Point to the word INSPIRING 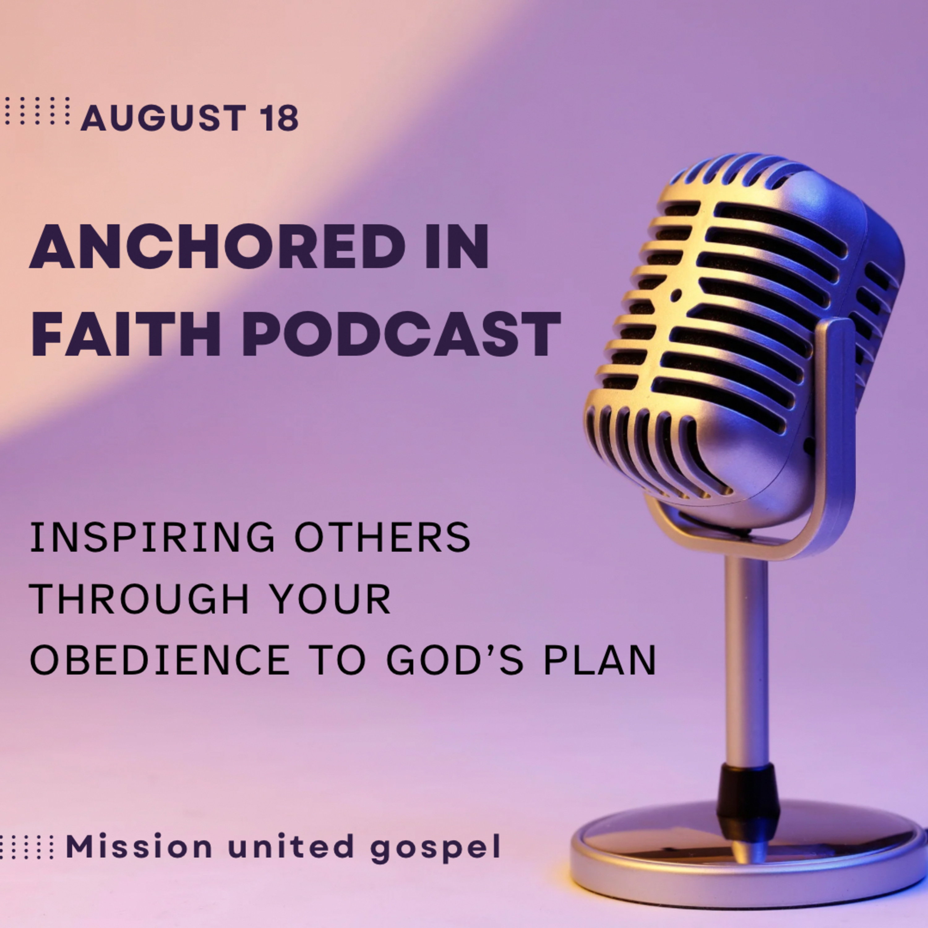tap(152, 538)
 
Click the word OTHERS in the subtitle tap(382, 538)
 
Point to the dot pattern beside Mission tap(26, 846)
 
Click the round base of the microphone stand tap(749, 850)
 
